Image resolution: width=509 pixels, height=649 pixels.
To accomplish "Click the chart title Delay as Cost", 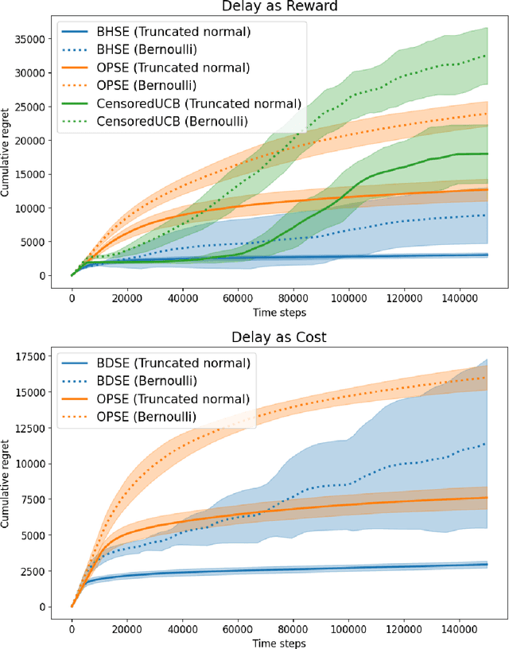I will (279, 338).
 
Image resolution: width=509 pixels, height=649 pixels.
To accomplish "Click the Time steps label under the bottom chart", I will (279, 643).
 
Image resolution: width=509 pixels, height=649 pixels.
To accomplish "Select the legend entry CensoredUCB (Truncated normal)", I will (199, 103).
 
